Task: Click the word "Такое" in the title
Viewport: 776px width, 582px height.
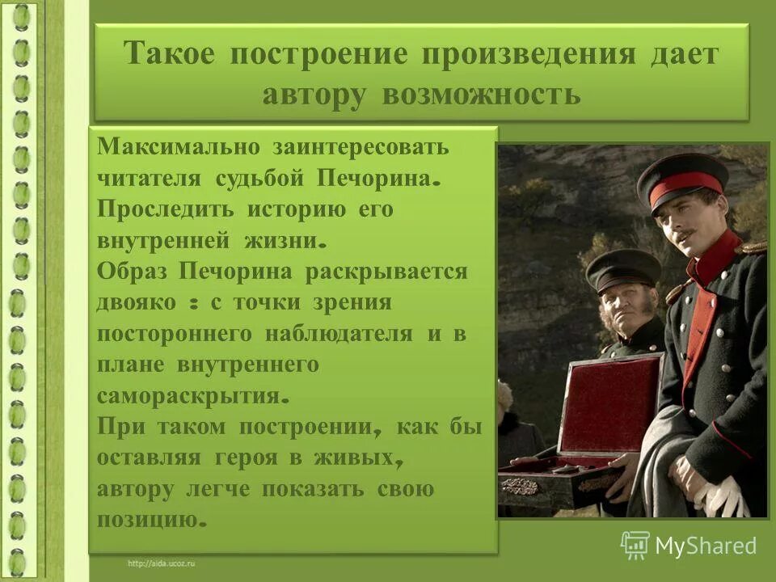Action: pyautogui.click(x=169, y=55)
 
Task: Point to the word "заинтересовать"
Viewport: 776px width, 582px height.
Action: pyautogui.click(x=360, y=148)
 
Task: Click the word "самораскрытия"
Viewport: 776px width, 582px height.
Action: pyautogui.click(x=189, y=396)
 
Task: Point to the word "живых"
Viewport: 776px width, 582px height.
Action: pyautogui.click(x=361, y=458)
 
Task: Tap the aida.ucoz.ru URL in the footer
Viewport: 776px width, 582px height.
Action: pyautogui.click(x=161, y=562)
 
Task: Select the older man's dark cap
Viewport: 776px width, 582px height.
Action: pyautogui.click(x=623, y=269)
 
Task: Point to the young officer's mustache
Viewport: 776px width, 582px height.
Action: pyautogui.click(x=685, y=236)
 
